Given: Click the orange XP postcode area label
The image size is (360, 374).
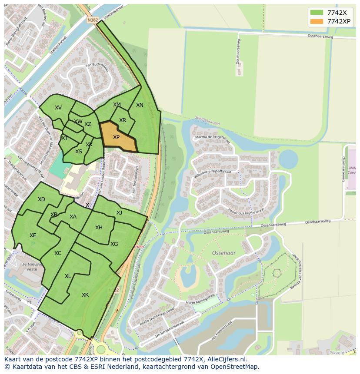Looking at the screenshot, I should point(116,137).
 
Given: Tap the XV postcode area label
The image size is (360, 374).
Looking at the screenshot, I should point(58,108).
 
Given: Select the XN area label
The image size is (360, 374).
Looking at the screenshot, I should point(140,105).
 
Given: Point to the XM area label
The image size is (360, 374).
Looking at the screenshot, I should point(117,105).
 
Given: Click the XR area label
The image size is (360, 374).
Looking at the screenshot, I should point(123,120).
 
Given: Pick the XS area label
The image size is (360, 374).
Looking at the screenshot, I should point(79,152).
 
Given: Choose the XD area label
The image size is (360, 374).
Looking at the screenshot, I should point(41,199).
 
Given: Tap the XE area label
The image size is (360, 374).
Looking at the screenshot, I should point(33,235).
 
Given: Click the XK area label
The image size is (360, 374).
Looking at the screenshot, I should point(85,295).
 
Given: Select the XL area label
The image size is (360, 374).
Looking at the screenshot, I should point(68,276).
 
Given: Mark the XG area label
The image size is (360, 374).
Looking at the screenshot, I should point(114,244).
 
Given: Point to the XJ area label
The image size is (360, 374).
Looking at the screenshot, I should point(119,213).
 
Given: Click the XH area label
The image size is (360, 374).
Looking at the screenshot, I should point(99,228).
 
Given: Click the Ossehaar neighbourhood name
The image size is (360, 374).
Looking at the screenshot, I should point(223,252).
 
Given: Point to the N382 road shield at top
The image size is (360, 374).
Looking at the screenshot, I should point(92,20).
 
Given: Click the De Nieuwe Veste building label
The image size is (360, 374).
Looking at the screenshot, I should point(28,267).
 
